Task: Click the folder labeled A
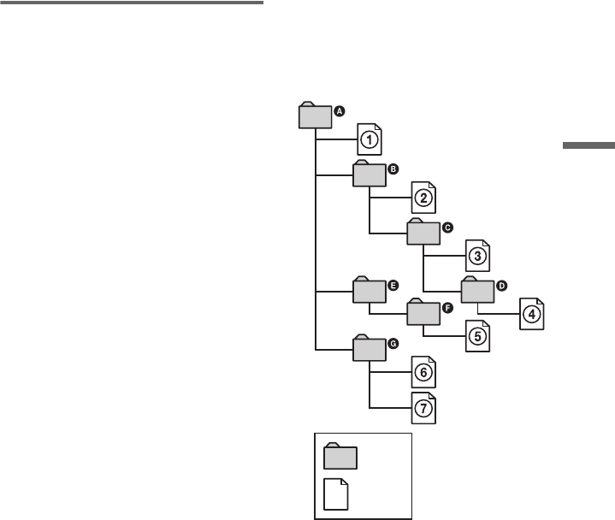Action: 314,116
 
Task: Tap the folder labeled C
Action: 423,232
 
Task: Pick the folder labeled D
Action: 477,289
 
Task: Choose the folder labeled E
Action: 369,291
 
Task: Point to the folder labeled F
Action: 423,312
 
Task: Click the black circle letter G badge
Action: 393,343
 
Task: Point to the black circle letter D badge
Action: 502,284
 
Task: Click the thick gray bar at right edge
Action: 588,147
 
